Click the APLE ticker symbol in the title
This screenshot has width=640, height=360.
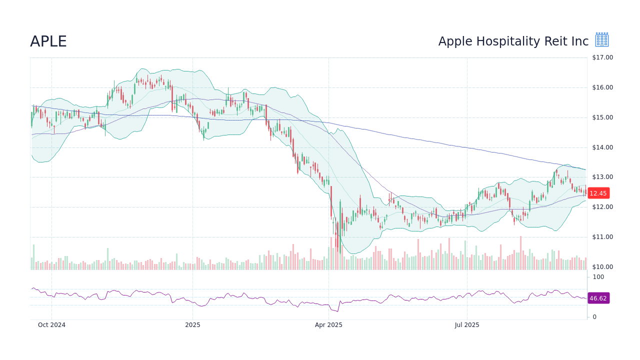tap(48, 42)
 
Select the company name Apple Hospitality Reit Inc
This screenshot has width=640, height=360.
tap(513, 41)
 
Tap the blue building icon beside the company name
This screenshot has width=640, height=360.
tap(602, 40)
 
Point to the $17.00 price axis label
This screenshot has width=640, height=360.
tap(602, 57)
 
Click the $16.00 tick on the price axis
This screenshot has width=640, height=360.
tap(602, 87)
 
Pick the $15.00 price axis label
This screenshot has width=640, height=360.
tap(602, 117)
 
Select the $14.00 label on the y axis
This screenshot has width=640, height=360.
tap(602, 147)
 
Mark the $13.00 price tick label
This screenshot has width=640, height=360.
tap(602, 177)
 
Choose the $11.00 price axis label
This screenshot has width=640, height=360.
tap(602, 237)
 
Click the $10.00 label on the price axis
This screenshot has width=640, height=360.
tap(602, 267)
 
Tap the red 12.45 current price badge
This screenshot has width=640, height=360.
tap(598, 193)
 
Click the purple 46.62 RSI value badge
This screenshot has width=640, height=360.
tap(598, 298)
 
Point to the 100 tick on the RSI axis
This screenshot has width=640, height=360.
tap(598, 277)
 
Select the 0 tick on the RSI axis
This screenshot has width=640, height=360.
tap(594, 317)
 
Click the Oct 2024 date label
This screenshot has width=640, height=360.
tap(51, 325)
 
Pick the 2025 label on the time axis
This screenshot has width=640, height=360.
tap(192, 325)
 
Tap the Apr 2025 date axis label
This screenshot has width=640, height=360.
tap(328, 325)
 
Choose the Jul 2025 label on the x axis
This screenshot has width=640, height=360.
tap(467, 325)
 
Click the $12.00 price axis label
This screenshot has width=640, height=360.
tap(602, 207)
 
